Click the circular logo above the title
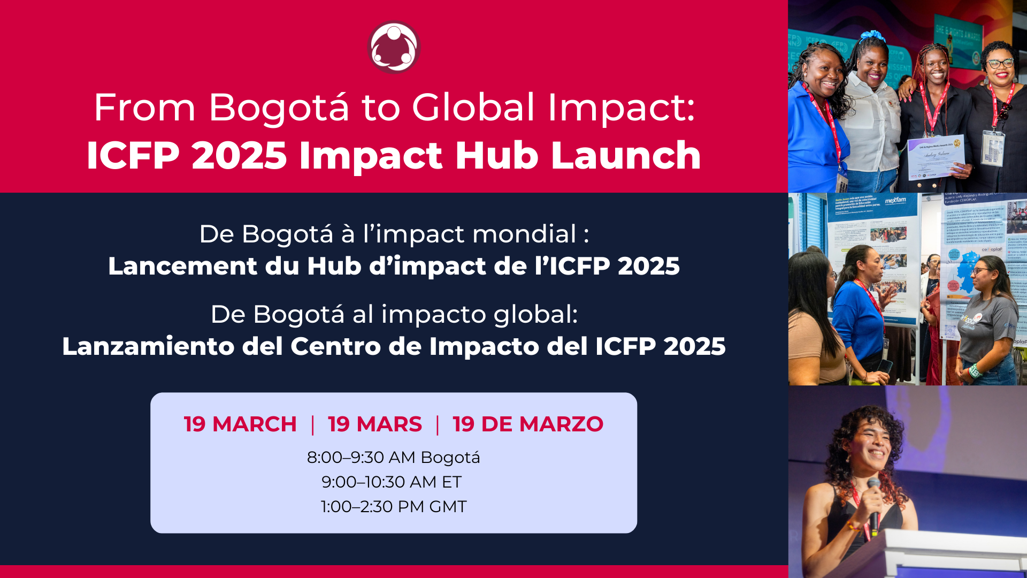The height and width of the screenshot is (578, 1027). [394, 47]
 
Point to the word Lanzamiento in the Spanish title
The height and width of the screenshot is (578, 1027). [148, 346]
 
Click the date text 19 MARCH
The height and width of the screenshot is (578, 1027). [240, 424]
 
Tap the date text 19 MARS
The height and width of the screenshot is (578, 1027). [374, 424]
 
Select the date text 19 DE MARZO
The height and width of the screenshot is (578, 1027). [527, 424]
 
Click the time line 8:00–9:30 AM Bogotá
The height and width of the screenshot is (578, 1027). [393, 458]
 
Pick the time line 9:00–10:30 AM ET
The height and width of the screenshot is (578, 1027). [391, 482]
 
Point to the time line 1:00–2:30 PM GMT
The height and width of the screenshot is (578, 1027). [393, 507]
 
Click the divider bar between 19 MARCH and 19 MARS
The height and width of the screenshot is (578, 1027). [312, 424]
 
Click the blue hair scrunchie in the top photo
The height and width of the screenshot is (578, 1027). [873, 36]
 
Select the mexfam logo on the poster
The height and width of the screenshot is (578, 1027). [895, 201]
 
